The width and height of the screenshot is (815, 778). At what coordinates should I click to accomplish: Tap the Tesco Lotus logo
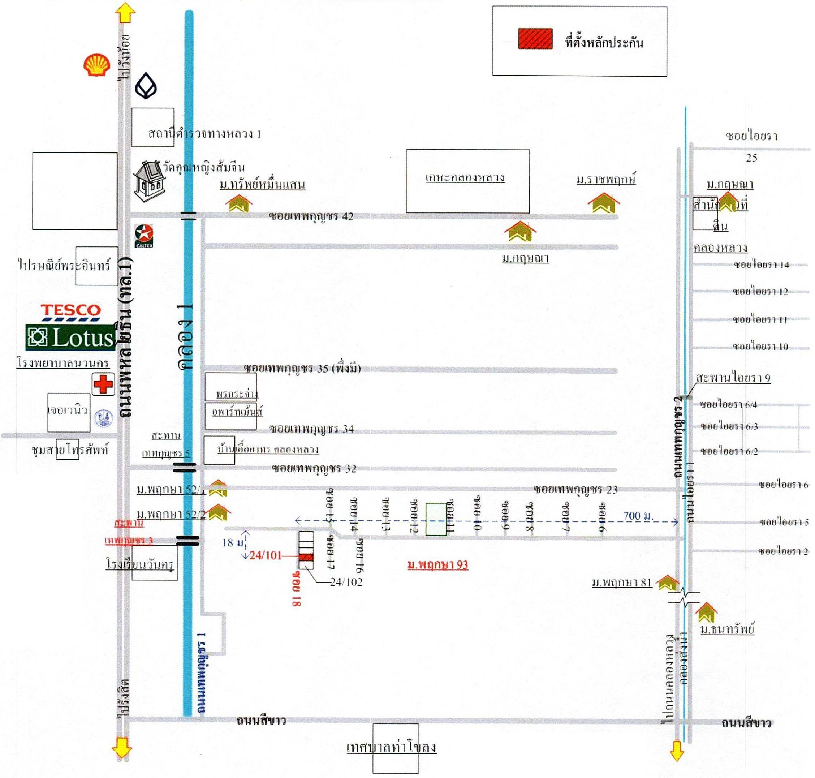[x=70, y=328]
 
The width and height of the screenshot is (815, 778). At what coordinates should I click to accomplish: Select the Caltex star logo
[x=144, y=235]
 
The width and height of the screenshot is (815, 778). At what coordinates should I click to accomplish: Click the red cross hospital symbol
[x=103, y=384]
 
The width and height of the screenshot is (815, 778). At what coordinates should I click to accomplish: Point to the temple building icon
[x=150, y=181]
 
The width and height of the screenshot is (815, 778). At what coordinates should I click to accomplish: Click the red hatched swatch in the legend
[x=535, y=39]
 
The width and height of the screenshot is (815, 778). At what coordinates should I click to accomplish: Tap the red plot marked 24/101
[x=306, y=557]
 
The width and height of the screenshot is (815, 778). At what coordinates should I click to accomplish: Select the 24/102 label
[x=346, y=582]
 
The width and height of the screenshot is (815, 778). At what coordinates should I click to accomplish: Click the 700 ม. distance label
[x=638, y=516]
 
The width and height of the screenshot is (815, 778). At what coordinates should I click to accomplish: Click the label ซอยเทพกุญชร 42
[x=311, y=216]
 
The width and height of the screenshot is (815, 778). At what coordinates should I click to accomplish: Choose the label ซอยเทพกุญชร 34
[x=312, y=429]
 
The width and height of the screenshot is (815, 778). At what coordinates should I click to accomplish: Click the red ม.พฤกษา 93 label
[x=438, y=565]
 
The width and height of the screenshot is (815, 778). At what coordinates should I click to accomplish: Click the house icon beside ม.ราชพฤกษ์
[x=603, y=203]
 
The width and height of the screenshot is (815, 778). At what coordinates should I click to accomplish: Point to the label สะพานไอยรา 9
[x=733, y=378]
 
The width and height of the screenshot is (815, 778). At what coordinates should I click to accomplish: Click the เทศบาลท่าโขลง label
[x=391, y=747]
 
